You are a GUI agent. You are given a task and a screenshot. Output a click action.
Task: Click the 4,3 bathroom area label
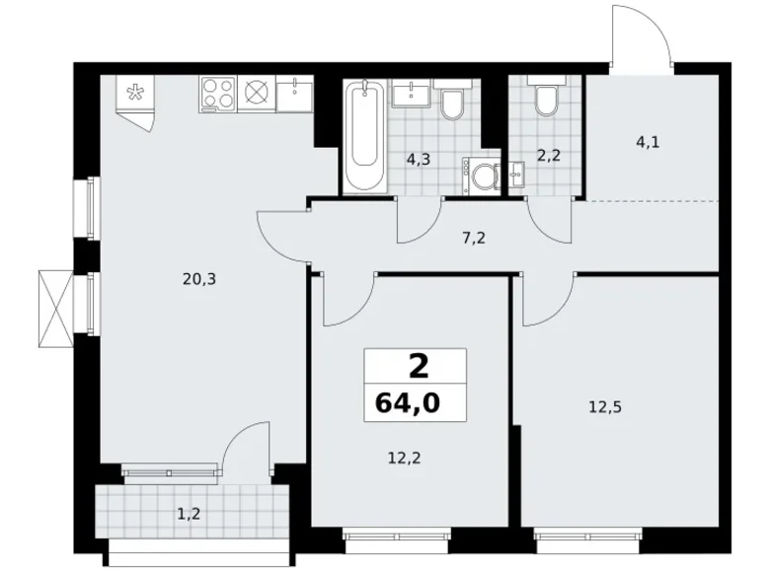[x=416, y=158]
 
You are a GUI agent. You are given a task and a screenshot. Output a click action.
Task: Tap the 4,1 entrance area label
[x=648, y=141]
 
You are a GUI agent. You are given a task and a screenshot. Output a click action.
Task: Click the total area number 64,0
[x=415, y=402]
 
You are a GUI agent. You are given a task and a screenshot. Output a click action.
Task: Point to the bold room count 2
[x=418, y=367]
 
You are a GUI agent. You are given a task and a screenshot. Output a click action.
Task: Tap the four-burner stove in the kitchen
[x=217, y=95]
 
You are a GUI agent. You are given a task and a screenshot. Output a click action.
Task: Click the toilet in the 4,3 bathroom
[x=453, y=103]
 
